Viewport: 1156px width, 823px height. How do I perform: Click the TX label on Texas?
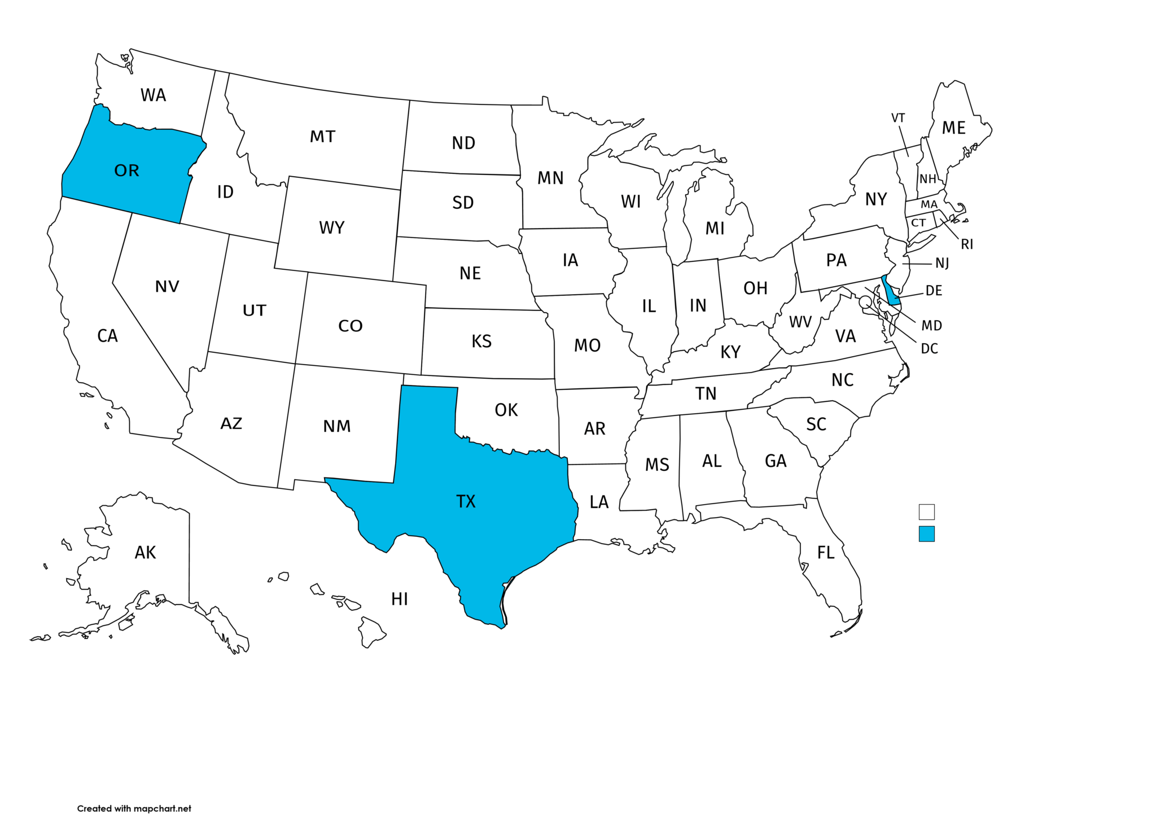click(466, 501)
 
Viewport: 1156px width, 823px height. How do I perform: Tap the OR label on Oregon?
click(126, 170)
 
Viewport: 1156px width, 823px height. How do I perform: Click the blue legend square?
click(926, 533)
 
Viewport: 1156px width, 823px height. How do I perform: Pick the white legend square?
click(926, 512)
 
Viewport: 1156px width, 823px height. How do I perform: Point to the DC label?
click(929, 349)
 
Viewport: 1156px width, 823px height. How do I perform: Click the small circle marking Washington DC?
click(865, 302)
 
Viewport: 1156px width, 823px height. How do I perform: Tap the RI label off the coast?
click(967, 244)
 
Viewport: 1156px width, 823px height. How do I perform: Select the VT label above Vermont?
click(897, 118)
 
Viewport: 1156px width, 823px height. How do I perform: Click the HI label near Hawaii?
click(400, 599)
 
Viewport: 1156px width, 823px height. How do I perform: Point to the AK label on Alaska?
click(145, 552)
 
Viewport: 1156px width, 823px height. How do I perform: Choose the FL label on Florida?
click(826, 552)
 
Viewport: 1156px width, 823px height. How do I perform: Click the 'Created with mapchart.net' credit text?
click(134, 808)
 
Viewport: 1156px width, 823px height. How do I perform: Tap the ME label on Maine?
click(953, 128)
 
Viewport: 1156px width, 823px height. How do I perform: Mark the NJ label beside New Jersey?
click(942, 263)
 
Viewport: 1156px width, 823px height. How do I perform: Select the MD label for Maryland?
click(931, 326)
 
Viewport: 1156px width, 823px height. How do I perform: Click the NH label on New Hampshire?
click(927, 179)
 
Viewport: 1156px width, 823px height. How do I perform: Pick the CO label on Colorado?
click(350, 326)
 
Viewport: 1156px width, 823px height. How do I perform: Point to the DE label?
click(934, 291)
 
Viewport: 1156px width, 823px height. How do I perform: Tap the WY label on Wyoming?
click(331, 227)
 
